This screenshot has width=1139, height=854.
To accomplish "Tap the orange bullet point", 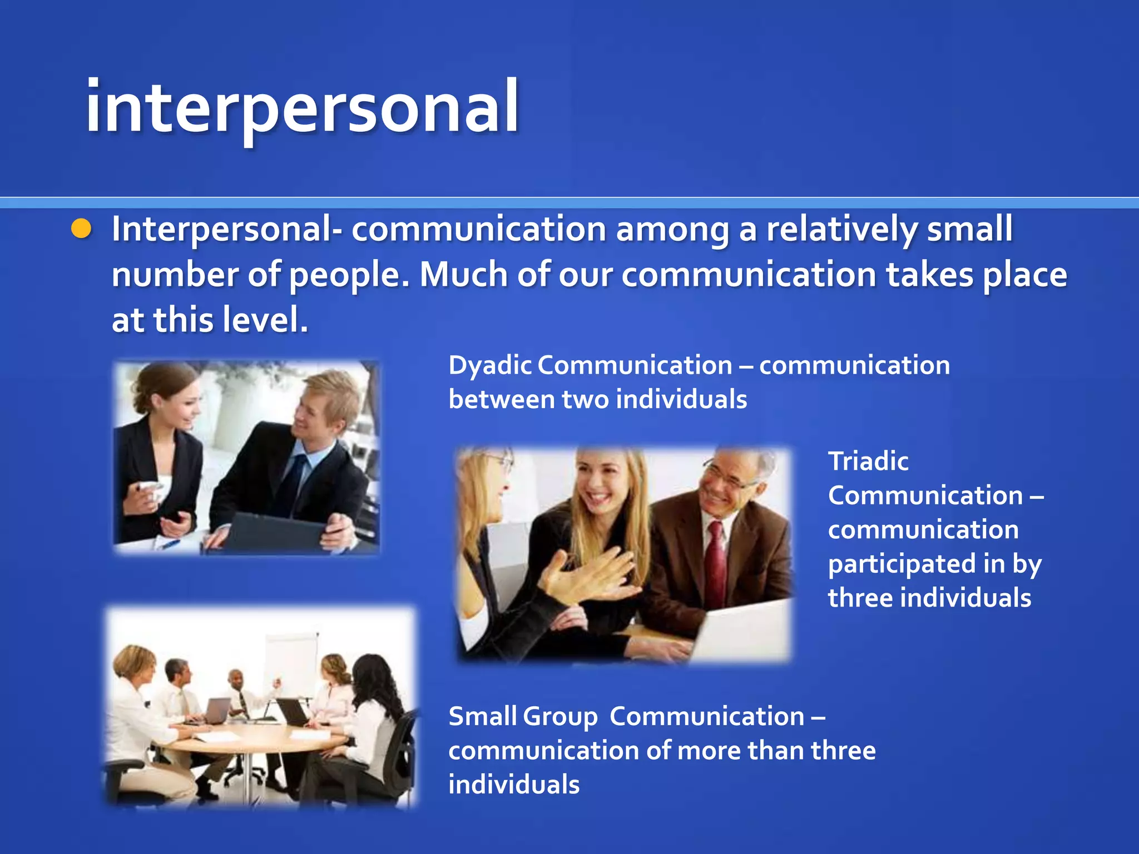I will pyautogui.click(x=81, y=229).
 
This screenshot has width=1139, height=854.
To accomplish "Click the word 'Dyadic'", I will pyautogui.click(x=489, y=366).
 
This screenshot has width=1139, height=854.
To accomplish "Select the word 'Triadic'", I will pyautogui.click(x=868, y=461).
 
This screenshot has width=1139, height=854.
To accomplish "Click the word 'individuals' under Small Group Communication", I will pyautogui.click(x=514, y=785).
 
